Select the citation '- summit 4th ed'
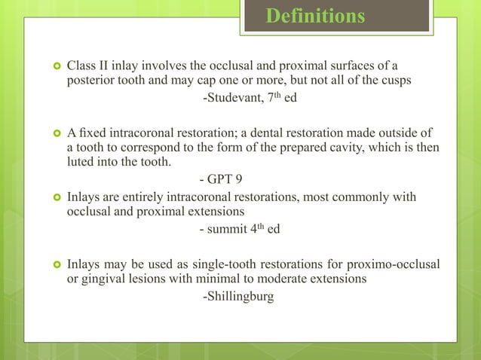(239, 229)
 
